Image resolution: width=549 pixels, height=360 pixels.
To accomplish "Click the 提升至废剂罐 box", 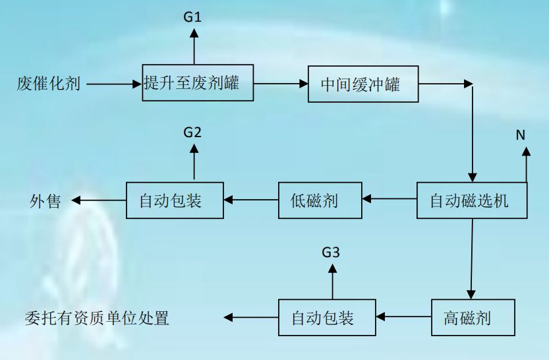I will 198,82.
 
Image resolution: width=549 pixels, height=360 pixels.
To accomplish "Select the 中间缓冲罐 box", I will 363,84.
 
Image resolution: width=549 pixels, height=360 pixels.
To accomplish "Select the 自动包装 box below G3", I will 327,318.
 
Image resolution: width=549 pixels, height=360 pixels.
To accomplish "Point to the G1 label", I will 192,17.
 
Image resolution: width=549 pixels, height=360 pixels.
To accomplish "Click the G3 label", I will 331,252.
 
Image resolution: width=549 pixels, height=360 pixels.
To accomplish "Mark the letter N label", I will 520,135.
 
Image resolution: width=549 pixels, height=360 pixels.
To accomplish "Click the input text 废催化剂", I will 49,84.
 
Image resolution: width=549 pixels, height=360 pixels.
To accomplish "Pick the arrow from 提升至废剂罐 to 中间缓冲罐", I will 281,84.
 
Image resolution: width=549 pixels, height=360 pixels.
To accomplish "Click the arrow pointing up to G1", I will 193,46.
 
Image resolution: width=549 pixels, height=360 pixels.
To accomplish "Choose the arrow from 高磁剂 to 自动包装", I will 403,318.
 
